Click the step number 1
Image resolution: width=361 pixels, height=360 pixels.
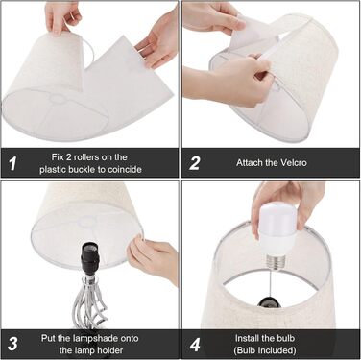(12, 163)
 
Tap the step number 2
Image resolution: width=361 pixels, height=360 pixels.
(195, 163)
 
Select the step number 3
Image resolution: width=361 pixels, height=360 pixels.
(12, 344)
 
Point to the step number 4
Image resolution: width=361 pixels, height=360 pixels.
(195, 346)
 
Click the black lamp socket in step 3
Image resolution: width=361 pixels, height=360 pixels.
(90, 258)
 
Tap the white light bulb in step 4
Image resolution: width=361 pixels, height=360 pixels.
(278, 232)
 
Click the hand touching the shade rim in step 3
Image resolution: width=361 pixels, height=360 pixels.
(154, 257)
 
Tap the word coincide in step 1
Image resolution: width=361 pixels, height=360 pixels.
(125, 169)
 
